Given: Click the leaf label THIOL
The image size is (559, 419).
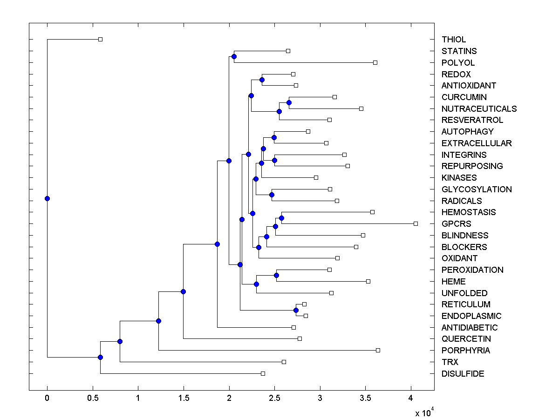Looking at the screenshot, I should [454, 40].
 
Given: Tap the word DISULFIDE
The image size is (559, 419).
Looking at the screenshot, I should [463, 374].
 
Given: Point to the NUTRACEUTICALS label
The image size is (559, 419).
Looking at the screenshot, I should [479, 109].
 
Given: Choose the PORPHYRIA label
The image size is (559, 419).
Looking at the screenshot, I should [465, 351].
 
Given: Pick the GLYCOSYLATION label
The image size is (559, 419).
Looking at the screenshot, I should [477, 189].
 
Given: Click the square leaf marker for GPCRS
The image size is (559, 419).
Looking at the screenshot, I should [416, 223].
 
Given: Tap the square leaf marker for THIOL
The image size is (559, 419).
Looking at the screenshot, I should [100, 39].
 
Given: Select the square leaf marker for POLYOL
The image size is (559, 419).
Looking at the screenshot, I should [375, 62].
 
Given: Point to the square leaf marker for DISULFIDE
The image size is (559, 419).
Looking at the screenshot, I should [263, 373].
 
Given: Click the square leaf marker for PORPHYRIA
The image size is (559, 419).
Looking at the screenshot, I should [378, 350].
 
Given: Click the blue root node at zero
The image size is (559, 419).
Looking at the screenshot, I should [47, 198].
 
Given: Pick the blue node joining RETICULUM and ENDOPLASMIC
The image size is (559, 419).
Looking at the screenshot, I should [296, 310].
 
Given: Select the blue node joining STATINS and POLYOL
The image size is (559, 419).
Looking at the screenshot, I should [234, 56].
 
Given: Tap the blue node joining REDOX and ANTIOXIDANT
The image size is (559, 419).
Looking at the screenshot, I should [262, 80].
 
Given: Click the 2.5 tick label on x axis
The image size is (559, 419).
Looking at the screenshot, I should [274, 398].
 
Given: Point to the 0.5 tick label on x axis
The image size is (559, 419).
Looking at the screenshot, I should [93, 398].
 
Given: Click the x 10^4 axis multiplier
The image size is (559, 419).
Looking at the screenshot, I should [424, 412].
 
